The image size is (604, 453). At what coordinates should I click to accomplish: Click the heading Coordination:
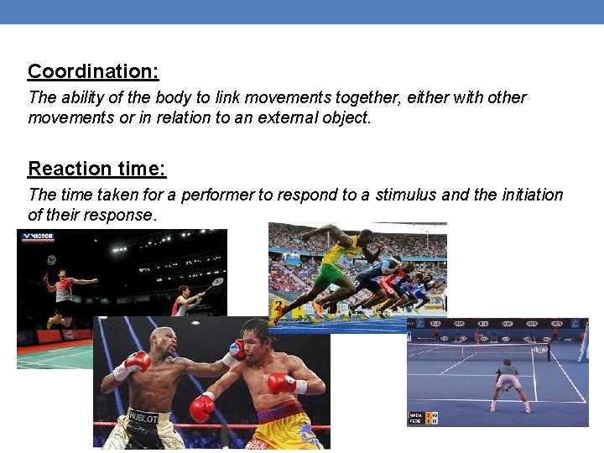tap(93, 71)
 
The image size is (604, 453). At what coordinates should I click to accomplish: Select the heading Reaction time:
tap(97, 169)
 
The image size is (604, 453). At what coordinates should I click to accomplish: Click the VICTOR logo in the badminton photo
tap(38, 237)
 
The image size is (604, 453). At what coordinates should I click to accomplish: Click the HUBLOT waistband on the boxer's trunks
tap(144, 416)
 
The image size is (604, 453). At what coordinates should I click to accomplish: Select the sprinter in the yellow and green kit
tap(336, 268)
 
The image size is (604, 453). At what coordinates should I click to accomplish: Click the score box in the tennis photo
tap(423, 416)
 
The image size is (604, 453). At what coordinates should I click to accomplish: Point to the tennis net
tap(503, 353)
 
